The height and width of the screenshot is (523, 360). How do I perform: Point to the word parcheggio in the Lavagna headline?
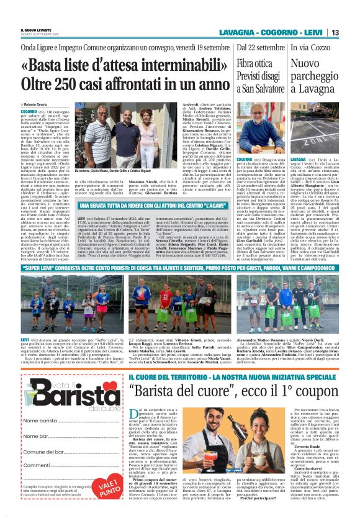click(x=313, y=77)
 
